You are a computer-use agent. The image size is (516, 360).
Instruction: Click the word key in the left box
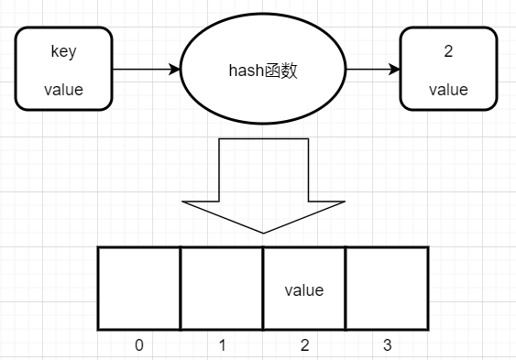pyautogui.click(x=63, y=51)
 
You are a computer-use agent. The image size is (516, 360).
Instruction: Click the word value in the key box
pyautogui.click(x=63, y=90)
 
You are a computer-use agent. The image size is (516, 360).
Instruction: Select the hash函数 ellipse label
pyautogui.click(x=263, y=70)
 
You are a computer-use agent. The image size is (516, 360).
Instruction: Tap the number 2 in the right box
pyautogui.click(x=448, y=51)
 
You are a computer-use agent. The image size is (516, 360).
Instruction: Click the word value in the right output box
pyautogui.click(x=448, y=90)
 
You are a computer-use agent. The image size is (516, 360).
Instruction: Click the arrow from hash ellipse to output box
pyautogui.click(x=374, y=69)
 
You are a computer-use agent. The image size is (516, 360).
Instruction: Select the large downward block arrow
pyautogui.click(x=263, y=179)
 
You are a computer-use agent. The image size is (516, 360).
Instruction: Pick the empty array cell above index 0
pyautogui.click(x=139, y=288)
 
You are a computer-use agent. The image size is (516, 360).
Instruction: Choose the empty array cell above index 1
pyautogui.click(x=222, y=288)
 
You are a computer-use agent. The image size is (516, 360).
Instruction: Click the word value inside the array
pyautogui.click(x=304, y=290)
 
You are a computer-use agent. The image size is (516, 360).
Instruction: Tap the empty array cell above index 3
pyautogui.click(x=387, y=288)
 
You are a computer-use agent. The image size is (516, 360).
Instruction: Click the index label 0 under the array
pyautogui.click(x=139, y=345)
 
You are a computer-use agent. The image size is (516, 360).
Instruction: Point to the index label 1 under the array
pyautogui.click(x=222, y=345)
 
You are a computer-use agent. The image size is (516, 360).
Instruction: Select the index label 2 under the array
pyautogui.click(x=304, y=345)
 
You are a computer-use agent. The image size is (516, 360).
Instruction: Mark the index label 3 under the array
pyautogui.click(x=387, y=345)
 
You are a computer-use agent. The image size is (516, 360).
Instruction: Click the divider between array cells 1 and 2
pyautogui.click(x=263, y=288)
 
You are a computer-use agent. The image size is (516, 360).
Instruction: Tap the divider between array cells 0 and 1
pyautogui.click(x=181, y=288)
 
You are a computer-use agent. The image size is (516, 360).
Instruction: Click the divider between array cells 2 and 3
pyautogui.click(x=346, y=288)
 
